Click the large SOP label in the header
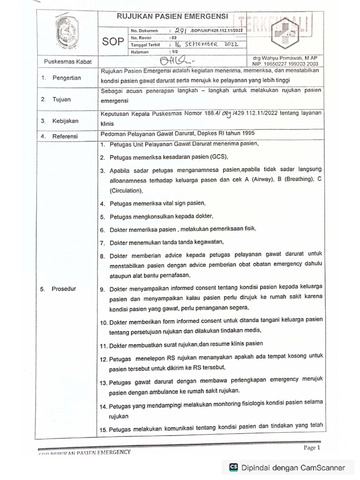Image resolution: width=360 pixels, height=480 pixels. (x=114, y=41)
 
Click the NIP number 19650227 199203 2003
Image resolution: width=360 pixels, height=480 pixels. (x=285, y=63)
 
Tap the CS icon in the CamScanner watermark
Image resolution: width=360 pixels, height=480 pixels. (x=233, y=467)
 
